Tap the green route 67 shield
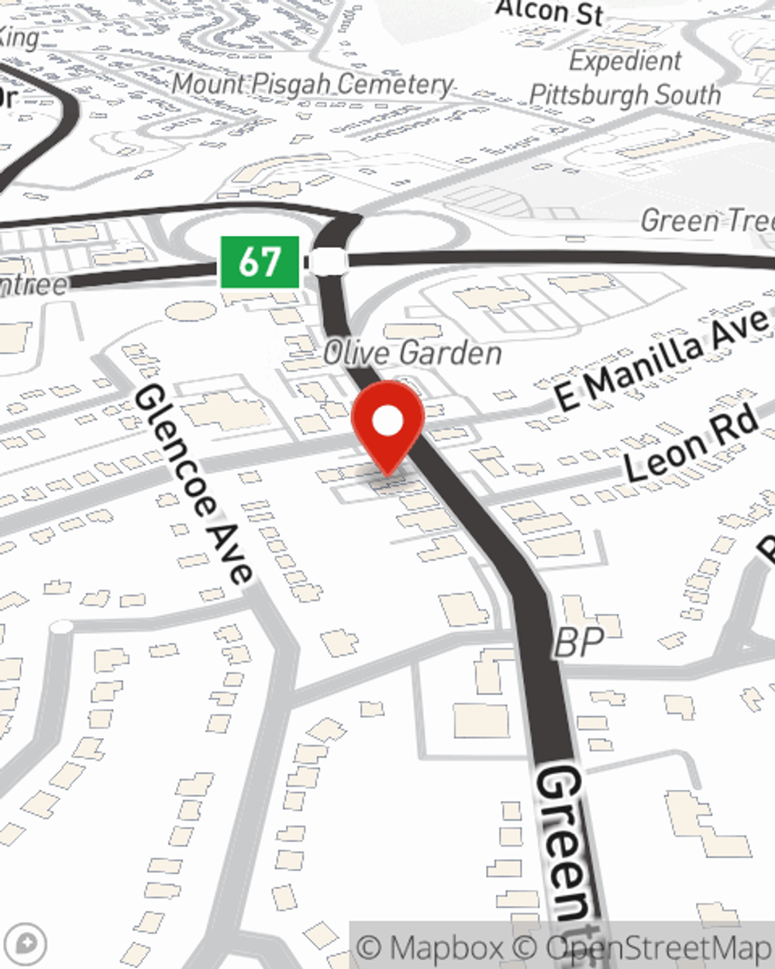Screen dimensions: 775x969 pyautogui.click(x=260, y=262)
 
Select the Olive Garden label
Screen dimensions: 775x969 pyautogui.click(x=412, y=353)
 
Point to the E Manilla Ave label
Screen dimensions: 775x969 pyautogui.click(x=663, y=358)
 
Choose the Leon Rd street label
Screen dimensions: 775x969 pyautogui.click(x=691, y=444)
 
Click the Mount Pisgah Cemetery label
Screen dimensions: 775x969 pyautogui.click(x=312, y=84)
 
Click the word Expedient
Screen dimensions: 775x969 pyautogui.click(x=625, y=60)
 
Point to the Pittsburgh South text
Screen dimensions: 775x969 pyautogui.click(x=625, y=95)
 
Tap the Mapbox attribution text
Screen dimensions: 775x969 pyautogui.click(x=430, y=947)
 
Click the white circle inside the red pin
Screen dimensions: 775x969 pyautogui.click(x=388, y=421)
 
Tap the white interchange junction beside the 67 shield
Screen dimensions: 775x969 pyautogui.click(x=329, y=262)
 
